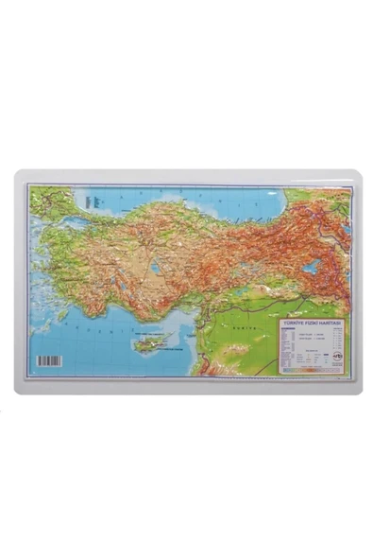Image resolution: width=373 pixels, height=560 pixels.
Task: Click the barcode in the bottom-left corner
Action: point(49,360)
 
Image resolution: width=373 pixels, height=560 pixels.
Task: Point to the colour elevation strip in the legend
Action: point(313,371)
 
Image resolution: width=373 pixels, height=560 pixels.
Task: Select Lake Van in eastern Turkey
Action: point(311,267)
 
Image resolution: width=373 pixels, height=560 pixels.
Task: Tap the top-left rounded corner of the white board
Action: point(19,175)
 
